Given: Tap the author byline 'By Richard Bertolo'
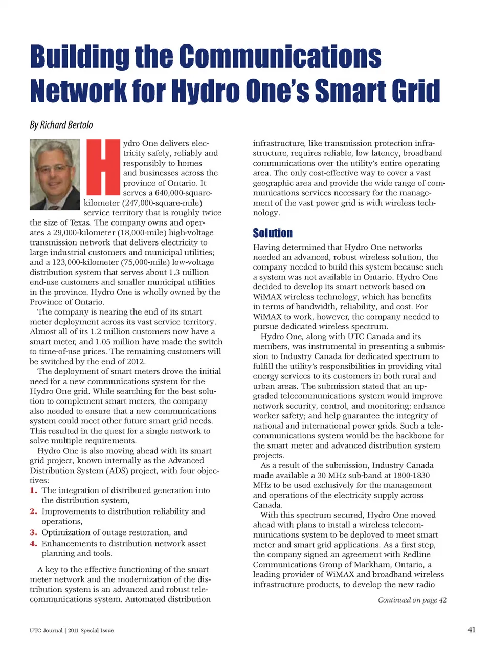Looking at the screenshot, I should (x=61, y=125).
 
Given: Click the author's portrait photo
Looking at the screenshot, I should (x=55, y=174).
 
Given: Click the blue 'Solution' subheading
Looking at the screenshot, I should (x=273, y=233).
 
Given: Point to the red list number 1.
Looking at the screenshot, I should (x=33, y=490).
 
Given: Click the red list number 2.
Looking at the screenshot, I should (x=33, y=511).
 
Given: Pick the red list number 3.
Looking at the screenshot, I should (x=33, y=532).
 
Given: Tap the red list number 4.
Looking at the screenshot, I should (x=33, y=544).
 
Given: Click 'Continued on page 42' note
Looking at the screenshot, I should (x=412, y=600).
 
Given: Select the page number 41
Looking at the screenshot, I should (x=472, y=630).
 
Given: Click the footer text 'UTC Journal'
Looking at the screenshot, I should (x=46, y=630).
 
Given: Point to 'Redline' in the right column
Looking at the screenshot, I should (x=415, y=554).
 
